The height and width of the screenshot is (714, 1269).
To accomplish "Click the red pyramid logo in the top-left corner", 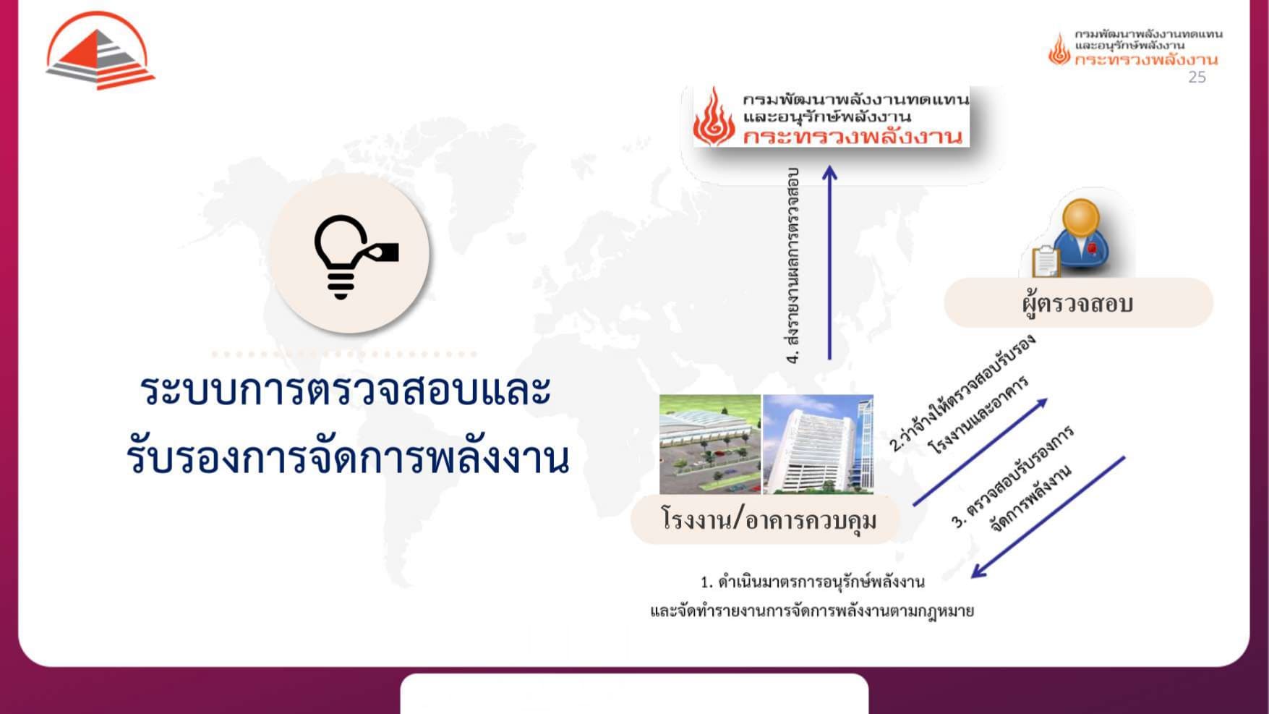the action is point(100,52).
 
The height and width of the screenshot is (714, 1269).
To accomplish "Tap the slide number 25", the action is point(1197,77).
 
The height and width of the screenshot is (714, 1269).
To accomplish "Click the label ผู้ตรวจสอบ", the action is point(1077,303).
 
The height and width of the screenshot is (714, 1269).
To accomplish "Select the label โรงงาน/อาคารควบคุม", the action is point(769,519).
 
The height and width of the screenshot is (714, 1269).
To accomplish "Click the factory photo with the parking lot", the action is point(710,444).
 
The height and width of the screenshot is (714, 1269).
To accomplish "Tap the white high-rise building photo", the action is point(819,444).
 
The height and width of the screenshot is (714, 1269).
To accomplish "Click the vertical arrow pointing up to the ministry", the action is point(830,263).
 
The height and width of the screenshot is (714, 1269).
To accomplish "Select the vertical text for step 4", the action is point(794,265).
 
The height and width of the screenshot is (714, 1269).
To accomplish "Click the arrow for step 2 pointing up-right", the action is point(980,451).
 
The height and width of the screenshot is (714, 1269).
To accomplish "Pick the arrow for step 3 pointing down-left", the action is point(1048,517).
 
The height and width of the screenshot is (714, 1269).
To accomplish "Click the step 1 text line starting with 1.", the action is point(813,582).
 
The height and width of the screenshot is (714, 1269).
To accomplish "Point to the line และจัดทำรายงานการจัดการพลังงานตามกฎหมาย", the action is point(812,611).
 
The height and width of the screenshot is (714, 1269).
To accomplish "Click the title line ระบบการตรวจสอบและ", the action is point(346,391).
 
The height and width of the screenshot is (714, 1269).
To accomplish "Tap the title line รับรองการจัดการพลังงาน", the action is point(348,458).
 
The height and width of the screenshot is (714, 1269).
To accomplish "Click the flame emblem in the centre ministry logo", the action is point(714,116).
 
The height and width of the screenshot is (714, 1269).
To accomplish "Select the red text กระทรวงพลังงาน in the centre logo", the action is point(853,136).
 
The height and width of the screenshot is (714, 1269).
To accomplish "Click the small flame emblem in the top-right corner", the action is point(1059,49).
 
